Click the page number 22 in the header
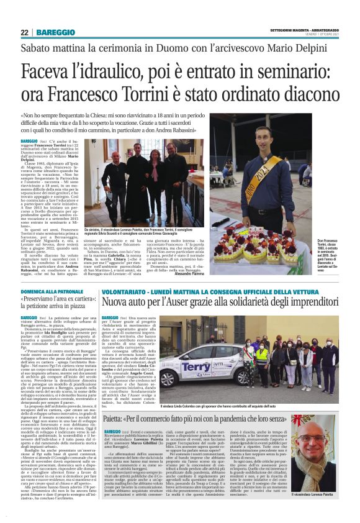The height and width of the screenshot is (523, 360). [25, 32]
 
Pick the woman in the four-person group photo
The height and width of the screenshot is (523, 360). [153, 180]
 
